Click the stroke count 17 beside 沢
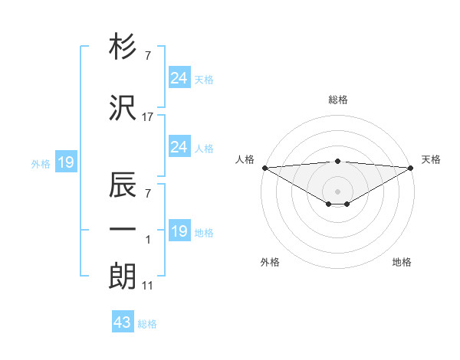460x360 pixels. [148, 116]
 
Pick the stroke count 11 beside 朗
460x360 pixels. [148, 286]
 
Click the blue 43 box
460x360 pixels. [123, 322]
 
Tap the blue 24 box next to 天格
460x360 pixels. [179, 78]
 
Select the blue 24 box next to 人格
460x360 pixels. [179, 147]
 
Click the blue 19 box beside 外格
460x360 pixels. [65, 162]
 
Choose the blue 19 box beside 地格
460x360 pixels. [179, 231]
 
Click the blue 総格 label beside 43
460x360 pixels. [147, 324]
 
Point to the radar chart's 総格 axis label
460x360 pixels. [337, 100]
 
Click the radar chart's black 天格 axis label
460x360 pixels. [431, 159]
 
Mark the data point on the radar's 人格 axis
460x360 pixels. [264, 167]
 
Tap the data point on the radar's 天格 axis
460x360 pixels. [410, 167]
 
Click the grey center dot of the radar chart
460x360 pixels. [337, 191]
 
